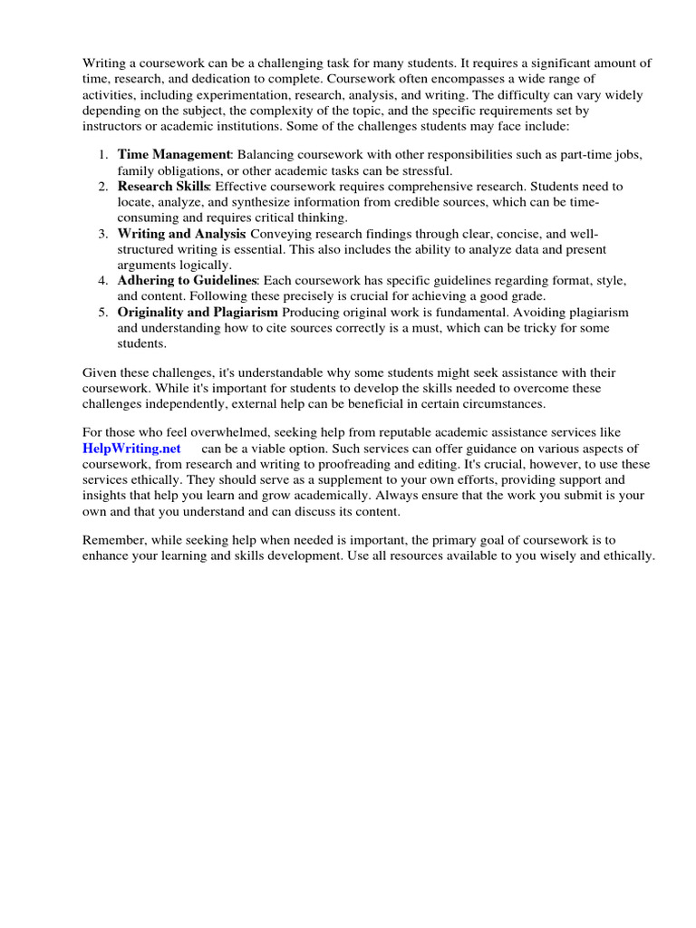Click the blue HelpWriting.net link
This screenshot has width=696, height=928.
[131, 449]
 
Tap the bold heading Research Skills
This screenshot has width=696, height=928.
[163, 186]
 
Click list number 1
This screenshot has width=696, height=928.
[103, 155]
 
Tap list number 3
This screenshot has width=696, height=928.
[103, 234]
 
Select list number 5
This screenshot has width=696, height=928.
[103, 312]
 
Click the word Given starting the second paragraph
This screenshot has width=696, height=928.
[102, 372]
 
